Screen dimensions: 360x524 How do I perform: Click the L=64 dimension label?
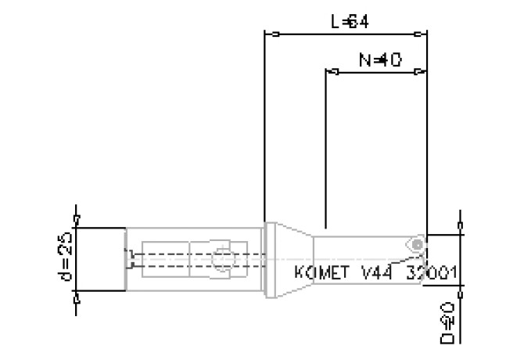point(350,22)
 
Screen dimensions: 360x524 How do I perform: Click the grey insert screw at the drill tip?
point(418,244)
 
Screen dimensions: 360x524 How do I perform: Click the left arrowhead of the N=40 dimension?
point(332,73)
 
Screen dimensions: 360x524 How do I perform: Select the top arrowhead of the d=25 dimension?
point(76,218)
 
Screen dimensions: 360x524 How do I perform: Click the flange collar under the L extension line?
point(271,258)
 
